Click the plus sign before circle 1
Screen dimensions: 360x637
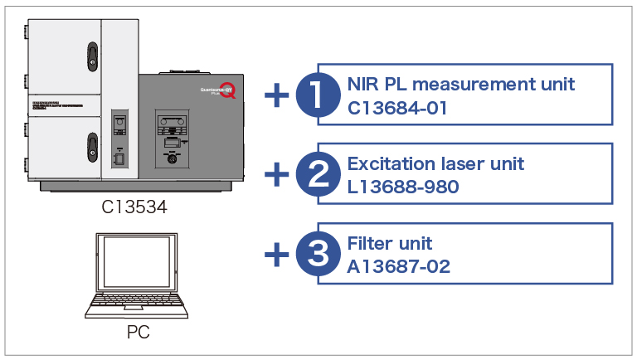pos(276,95)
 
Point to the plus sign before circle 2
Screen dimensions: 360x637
pos(276,174)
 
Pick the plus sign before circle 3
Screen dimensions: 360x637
pos(276,254)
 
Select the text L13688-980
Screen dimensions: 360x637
pos(403,187)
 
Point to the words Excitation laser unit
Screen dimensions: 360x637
pos(435,164)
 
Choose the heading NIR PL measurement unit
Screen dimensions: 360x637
pos(460,85)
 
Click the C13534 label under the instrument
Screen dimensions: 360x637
pos(134,207)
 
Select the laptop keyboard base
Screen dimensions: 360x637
pos(137,308)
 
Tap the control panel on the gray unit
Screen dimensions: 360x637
pos(172,133)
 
